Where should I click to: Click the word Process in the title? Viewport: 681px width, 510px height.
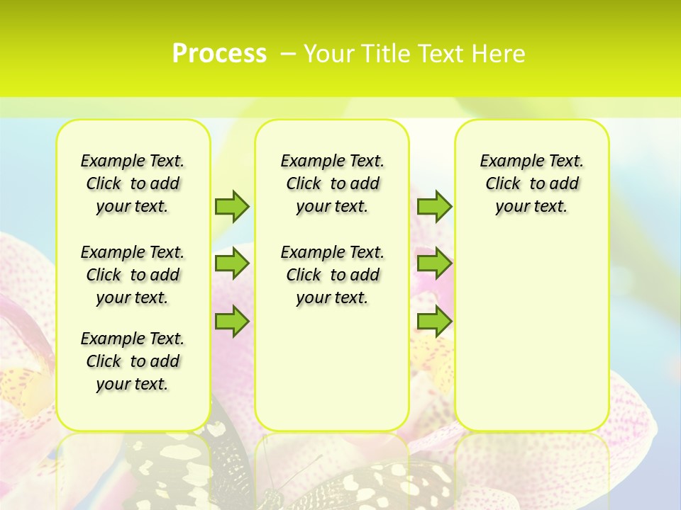[x=219, y=53]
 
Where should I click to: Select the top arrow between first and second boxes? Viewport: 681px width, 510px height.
[x=232, y=206]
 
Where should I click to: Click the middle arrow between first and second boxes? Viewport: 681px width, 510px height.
[x=232, y=263]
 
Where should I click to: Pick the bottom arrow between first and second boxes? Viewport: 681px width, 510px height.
[x=232, y=321]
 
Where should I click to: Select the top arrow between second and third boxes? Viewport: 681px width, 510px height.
[x=434, y=206]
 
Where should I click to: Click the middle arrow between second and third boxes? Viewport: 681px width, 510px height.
[x=434, y=263]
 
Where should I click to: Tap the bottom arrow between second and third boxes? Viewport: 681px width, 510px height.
[x=434, y=321]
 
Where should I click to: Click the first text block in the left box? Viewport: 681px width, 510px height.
[x=133, y=183]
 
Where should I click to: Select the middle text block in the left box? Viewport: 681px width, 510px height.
[x=133, y=275]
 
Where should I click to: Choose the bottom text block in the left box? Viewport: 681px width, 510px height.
[x=133, y=361]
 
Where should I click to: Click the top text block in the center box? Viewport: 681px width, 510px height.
[x=332, y=183]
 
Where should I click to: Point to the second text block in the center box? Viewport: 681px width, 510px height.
[x=332, y=275]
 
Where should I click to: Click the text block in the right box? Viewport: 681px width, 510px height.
[x=531, y=183]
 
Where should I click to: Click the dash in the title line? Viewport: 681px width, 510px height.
[x=289, y=53]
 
